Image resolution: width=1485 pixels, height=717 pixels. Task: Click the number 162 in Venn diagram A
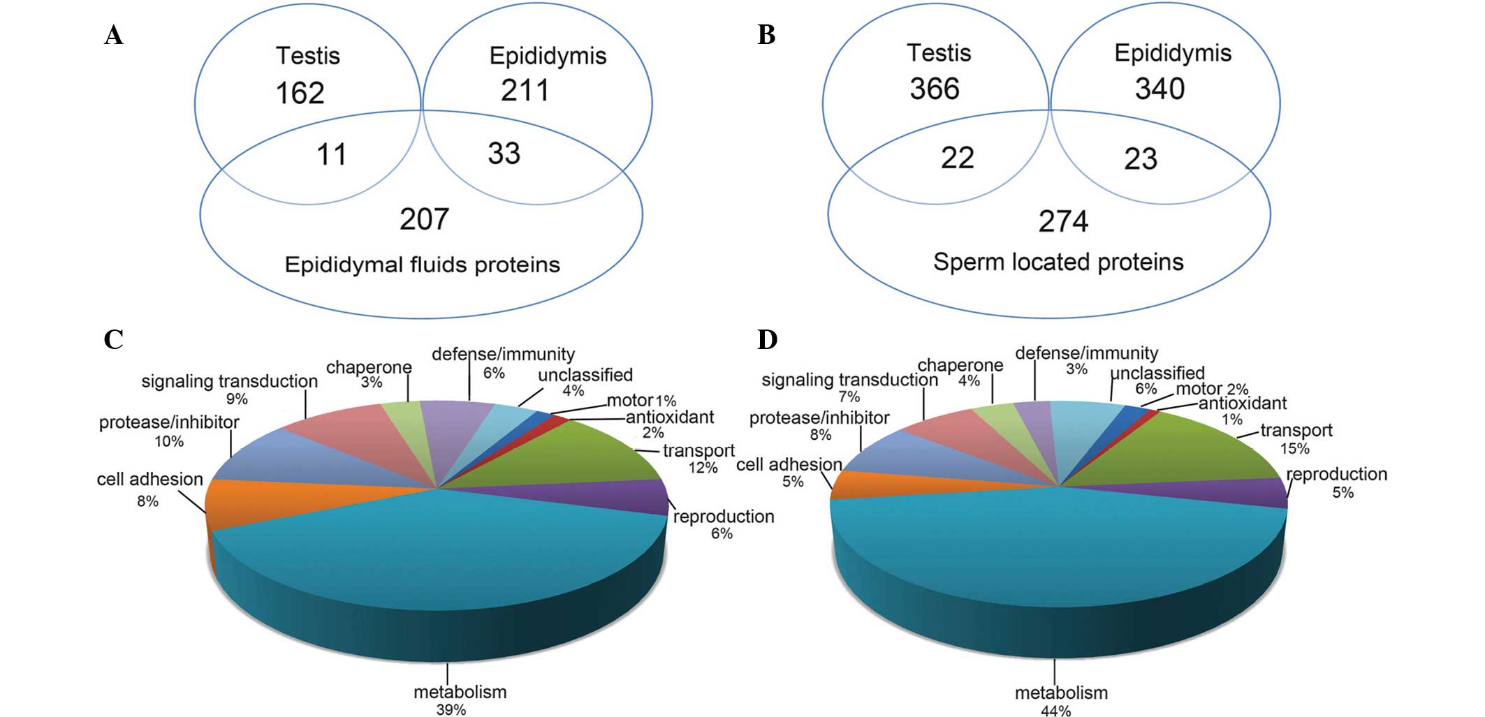(x=300, y=93)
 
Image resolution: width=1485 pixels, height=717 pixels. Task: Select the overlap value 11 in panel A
(x=331, y=154)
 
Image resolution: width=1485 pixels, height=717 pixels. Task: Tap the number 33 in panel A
(x=504, y=154)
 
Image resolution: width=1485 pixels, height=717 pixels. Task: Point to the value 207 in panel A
(x=424, y=219)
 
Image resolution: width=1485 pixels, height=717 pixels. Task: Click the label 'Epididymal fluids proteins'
(x=422, y=265)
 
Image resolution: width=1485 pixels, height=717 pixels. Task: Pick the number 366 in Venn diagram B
(x=934, y=89)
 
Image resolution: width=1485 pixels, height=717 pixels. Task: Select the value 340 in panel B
(x=1160, y=89)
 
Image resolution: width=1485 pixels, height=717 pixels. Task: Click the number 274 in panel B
(x=1063, y=222)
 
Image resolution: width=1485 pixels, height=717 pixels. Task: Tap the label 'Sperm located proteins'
(x=1058, y=263)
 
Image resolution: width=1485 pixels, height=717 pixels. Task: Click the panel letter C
(x=113, y=340)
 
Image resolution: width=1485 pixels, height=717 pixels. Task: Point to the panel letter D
(x=767, y=340)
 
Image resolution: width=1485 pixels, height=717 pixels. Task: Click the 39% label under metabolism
(x=451, y=709)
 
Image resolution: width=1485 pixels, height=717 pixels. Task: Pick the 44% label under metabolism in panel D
(x=1055, y=711)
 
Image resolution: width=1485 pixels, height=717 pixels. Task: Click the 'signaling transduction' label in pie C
(x=229, y=382)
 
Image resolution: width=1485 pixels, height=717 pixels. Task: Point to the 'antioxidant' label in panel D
(x=1243, y=404)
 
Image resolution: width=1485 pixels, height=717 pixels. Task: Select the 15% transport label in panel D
(x=1294, y=448)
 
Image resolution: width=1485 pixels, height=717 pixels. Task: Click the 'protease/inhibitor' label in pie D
(x=819, y=418)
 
